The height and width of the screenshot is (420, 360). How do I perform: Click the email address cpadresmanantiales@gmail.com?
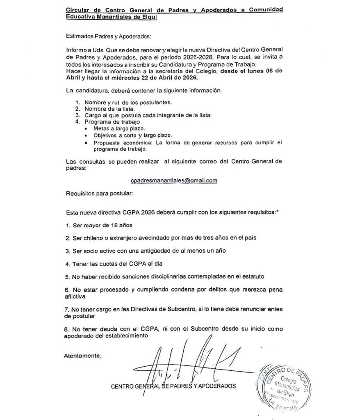173,180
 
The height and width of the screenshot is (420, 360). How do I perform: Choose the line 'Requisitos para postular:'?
99,192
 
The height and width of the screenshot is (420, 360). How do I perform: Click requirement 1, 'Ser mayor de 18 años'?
101,225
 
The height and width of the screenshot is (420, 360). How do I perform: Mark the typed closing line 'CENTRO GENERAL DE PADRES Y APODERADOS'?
173,386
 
